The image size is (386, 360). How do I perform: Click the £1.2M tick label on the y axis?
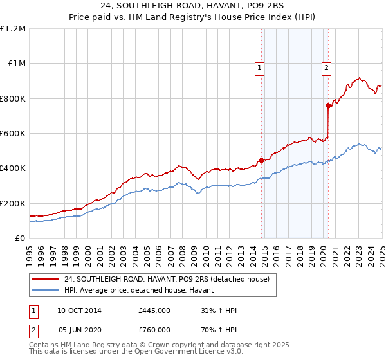pyautogui.click(x=13, y=29)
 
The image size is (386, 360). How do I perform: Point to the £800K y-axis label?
pyautogui.click(x=12, y=99)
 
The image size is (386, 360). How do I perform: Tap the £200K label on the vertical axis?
pyautogui.click(x=12, y=203)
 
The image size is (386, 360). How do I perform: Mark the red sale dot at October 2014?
pyautogui.click(x=262, y=161)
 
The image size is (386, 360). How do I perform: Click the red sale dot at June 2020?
pyautogui.click(x=328, y=105)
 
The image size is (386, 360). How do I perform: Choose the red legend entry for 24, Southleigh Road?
pyautogui.click(x=170, y=279)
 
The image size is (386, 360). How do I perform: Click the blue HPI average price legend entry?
pyautogui.click(x=143, y=291)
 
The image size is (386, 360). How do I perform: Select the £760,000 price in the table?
pyautogui.click(x=154, y=330)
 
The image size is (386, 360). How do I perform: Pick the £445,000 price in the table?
pyautogui.click(x=154, y=311)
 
